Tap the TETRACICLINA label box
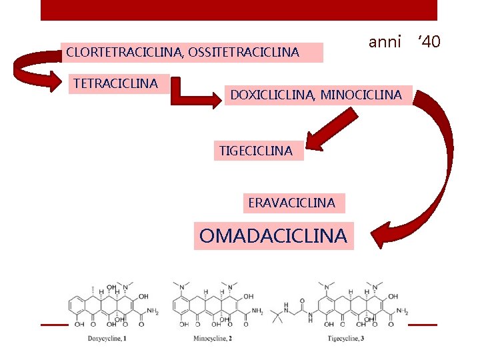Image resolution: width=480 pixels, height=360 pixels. point(115,83)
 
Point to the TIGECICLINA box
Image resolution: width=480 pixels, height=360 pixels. point(256,151)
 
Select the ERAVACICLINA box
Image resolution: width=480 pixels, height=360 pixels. point(291,203)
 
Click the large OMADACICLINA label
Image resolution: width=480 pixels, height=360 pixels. point(273,236)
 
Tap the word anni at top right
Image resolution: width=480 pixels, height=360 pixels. point(385,42)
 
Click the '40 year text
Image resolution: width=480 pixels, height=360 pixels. point(429,42)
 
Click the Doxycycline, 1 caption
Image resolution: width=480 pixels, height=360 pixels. point(107,339)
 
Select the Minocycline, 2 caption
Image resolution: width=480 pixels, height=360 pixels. point(212,339)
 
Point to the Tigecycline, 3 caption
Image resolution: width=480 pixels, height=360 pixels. point(345,339)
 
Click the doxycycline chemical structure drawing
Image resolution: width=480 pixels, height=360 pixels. point(113,306)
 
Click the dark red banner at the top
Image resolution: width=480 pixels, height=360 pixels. point(239,10)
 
